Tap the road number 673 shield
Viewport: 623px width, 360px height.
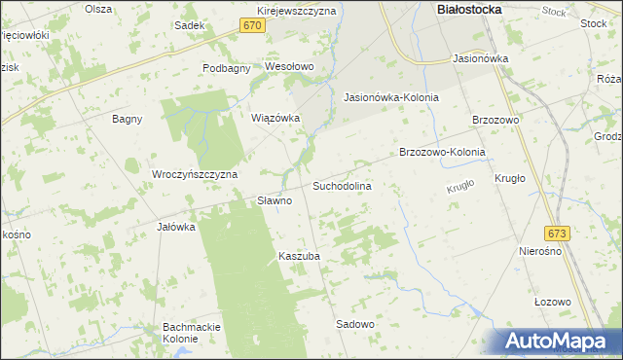[x=557, y=234]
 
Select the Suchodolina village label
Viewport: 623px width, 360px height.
[x=342, y=184]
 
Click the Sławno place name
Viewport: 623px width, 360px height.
[x=275, y=200]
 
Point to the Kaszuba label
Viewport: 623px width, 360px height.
[x=299, y=256]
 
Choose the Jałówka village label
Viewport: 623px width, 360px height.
[x=176, y=227]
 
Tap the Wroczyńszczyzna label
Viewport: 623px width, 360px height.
[x=195, y=174]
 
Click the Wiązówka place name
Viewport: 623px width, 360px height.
[x=275, y=118]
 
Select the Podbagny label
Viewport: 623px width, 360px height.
[x=227, y=67]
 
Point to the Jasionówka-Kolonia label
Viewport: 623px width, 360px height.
[x=391, y=97]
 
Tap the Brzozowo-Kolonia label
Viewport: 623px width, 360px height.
[x=442, y=152]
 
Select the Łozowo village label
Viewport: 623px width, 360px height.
[x=552, y=302]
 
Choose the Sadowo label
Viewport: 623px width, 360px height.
[x=355, y=323]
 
